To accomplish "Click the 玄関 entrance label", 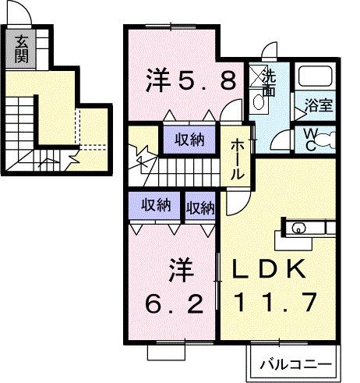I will coord(21,49).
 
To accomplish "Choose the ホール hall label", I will coord(238,159).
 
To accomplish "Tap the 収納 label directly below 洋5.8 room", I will coord(189,140).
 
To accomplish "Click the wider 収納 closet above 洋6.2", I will coord(156,207).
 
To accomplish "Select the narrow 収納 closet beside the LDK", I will coord(200,207).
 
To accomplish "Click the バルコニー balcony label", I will coord(295,364).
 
